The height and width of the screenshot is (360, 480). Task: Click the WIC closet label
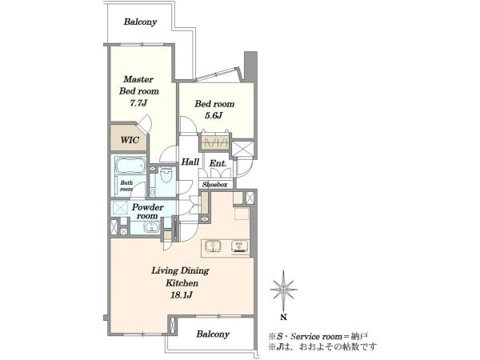tap(130, 140)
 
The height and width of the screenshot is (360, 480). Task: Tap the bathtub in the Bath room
tap(130, 166)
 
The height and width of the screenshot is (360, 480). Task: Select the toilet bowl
tap(166, 174)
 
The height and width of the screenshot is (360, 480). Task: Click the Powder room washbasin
tap(151, 227)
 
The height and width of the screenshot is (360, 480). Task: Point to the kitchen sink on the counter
tap(213, 246)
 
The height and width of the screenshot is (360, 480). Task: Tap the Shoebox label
tap(215, 185)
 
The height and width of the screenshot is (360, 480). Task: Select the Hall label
tap(190, 162)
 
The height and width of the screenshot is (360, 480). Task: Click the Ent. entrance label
tap(218, 163)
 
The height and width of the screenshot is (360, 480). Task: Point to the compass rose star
tap(284, 290)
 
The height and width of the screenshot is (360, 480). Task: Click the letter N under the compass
tap(284, 317)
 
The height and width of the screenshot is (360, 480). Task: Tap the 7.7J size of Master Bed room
tap(138, 103)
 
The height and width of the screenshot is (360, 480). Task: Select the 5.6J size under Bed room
tap(214, 115)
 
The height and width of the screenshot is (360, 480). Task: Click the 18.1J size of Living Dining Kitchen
tap(182, 295)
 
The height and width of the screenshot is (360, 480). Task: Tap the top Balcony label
tap(140, 22)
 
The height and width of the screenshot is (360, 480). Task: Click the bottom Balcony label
tap(213, 334)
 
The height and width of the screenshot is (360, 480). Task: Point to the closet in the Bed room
tap(215, 142)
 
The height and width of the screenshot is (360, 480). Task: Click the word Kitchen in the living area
tap(182, 283)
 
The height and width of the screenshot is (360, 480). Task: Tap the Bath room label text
tap(126, 186)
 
